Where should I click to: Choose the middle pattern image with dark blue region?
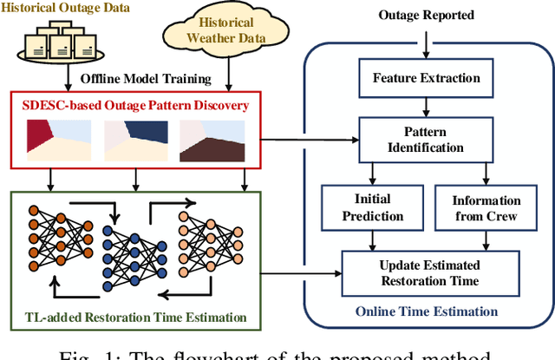click(x=136, y=141)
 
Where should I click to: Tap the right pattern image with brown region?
click(x=214, y=141)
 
